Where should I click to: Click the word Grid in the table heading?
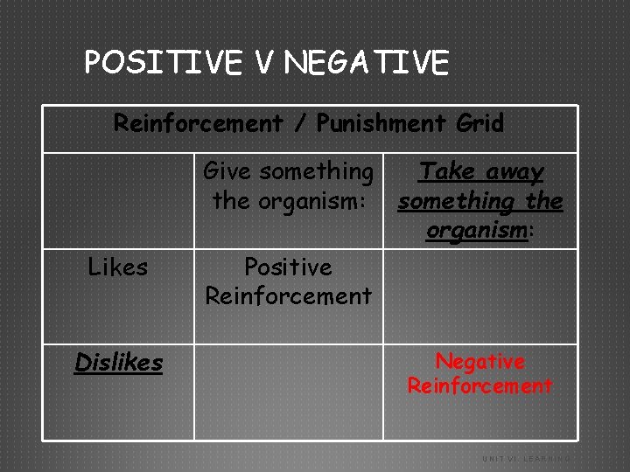click(479, 123)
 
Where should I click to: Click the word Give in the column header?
click(231, 171)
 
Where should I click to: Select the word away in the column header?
click(513, 172)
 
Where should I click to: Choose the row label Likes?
click(118, 267)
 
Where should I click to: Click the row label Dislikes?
click(118, 362)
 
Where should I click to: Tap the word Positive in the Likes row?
click(288, 266)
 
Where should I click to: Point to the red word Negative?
click(479, 361)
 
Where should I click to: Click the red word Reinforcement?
click(479, 385)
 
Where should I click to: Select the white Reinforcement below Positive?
click(288, 295)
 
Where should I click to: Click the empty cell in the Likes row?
click(479, 296)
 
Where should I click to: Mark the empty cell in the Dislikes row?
click(288, 392)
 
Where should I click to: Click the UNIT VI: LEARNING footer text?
click(525, 458)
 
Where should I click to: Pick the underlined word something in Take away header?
click(456, 201)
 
